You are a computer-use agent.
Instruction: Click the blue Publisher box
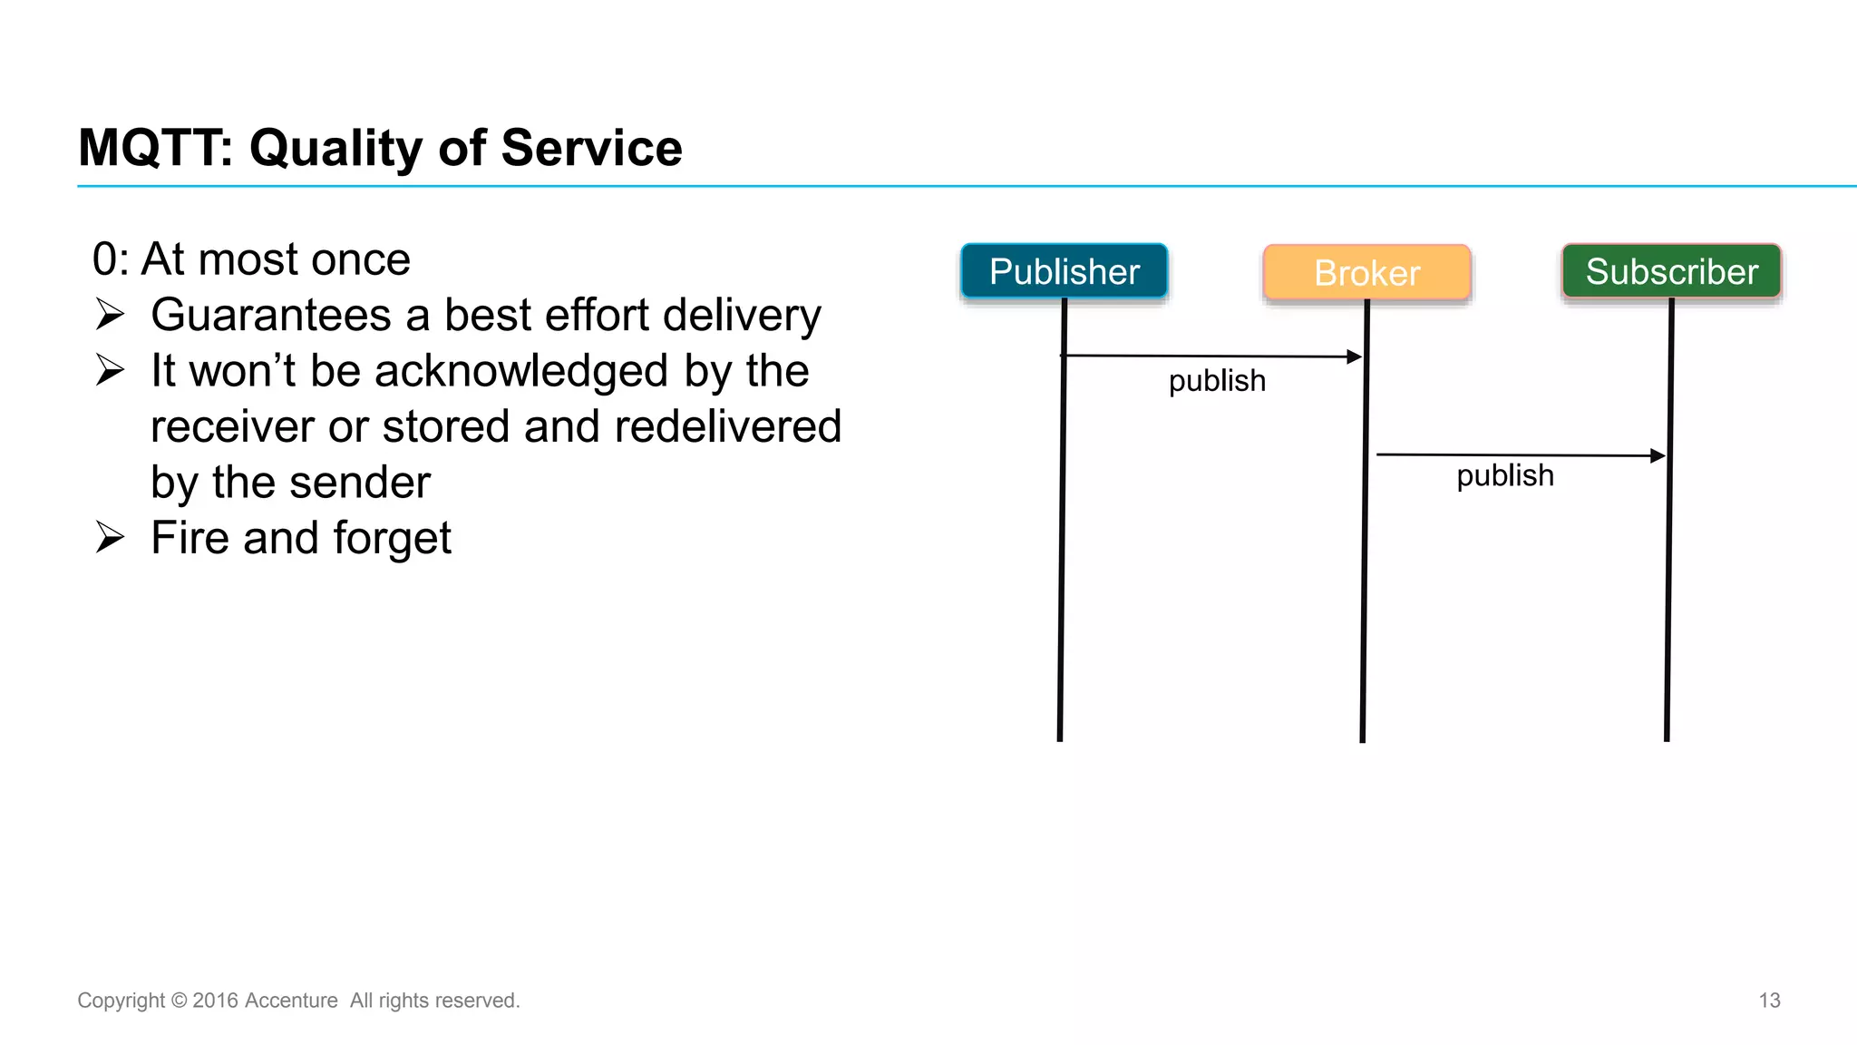[x=1064, y=271]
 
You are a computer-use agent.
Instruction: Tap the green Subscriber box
[x=1671, y=271]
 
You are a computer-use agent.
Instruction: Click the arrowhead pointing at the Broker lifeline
[x=1355, y=356]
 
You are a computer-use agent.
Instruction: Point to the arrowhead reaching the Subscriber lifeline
[x=1658, y=455]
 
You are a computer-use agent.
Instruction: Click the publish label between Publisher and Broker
[x=1217, y=381]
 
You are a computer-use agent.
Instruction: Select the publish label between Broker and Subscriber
[x=1505, y=475]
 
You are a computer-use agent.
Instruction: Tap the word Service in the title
[x=591, y=148]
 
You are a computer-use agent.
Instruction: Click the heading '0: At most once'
[x=251, y=259]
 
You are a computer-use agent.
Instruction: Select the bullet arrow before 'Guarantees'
[x=110, y=315]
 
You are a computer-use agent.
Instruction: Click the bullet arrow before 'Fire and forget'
[x=110, y=538]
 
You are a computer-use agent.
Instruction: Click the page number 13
[x=1769, y=1001]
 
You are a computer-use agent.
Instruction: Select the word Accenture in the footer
[x=291, y=1001]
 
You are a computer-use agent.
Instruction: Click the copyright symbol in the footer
[x=179, y=1001]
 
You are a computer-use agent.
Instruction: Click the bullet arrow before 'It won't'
[x=110, y=370]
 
